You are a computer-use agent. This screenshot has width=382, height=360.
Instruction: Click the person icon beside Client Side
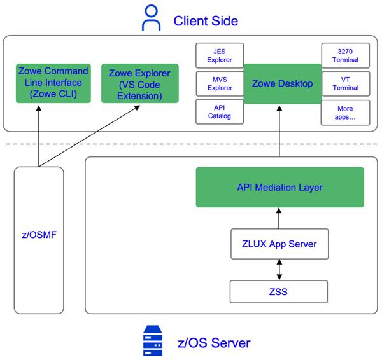point(152,20)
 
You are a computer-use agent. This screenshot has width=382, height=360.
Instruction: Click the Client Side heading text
point(206,20)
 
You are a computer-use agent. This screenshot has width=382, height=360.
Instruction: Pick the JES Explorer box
point(215,55)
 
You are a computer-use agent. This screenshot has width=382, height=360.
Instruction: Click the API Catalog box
point(215,112)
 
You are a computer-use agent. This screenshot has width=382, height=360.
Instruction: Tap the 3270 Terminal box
point(345,55)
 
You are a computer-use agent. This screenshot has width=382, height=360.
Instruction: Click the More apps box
point(345,113)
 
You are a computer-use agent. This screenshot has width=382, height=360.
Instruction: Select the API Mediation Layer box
point(279,187)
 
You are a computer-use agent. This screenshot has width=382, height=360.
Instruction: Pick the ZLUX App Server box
point(279,244)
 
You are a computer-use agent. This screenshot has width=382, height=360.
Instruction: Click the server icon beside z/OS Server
point(151,342)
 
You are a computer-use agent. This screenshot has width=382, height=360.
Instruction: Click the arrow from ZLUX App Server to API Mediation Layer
point(279,218)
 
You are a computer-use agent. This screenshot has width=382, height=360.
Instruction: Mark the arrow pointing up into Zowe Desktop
point(279,130)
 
